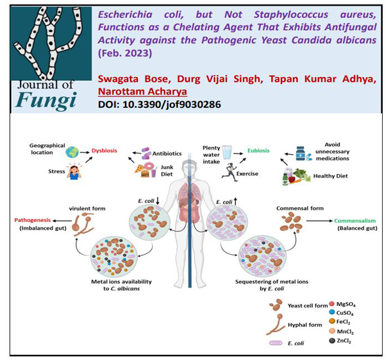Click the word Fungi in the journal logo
[x=46, y=100]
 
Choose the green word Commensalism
[x=351, y=221]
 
